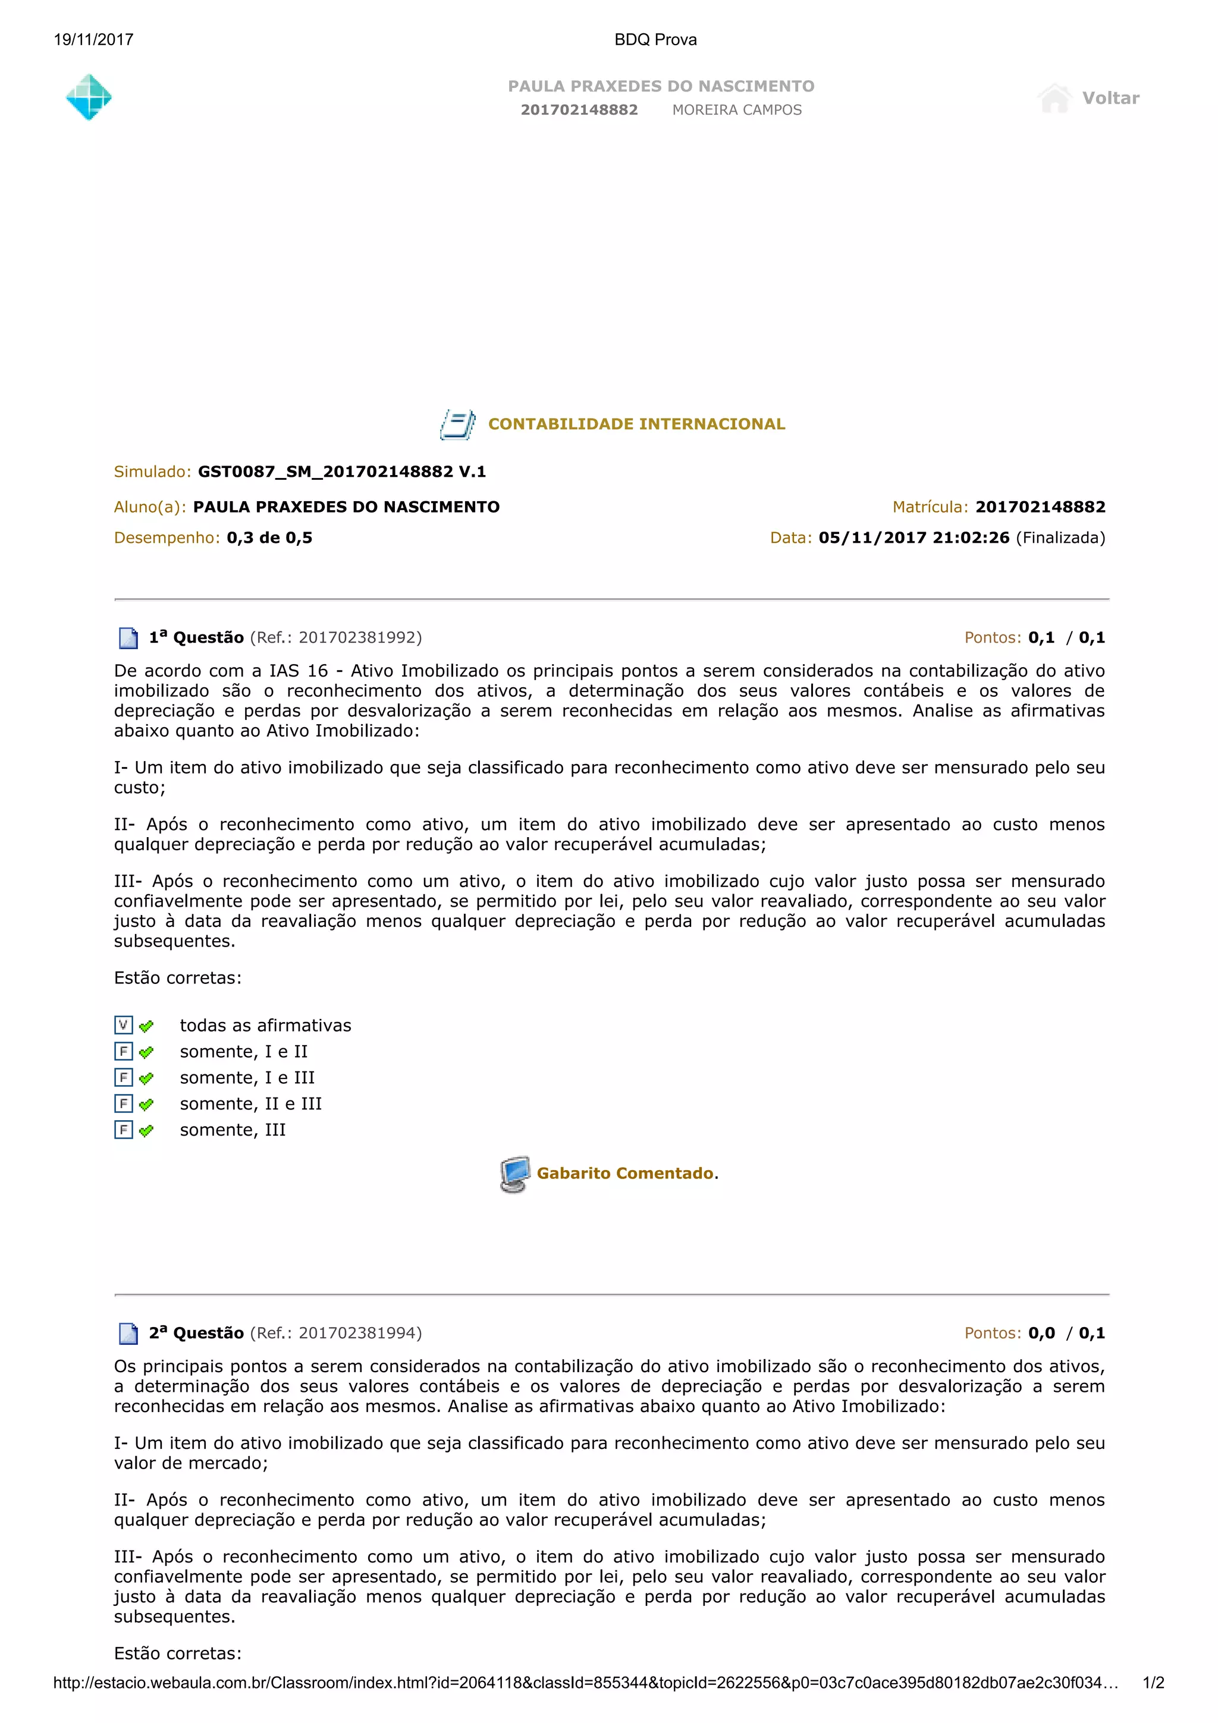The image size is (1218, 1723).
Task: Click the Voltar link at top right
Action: coord(1110,98)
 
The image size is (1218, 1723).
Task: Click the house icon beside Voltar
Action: coord(1054,98)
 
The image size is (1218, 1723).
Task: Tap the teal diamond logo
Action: coord(89,97)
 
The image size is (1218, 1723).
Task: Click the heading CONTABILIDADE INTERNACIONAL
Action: coord(636,424)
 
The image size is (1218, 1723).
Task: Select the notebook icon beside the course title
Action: coord(457,424)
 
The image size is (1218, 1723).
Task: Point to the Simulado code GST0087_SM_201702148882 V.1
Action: coord(341,471)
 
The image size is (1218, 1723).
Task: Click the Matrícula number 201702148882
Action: coord(1040,507)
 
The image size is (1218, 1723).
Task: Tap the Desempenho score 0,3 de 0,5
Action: coord(269,537)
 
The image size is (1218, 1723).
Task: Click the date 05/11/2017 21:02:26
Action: coord(913,537)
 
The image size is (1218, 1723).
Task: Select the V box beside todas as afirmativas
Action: coord(124,1025)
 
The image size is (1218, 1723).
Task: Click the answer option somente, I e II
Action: coord(244,1051)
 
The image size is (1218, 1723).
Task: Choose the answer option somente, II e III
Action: coord(250,1103)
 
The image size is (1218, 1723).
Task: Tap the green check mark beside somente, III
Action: coord(146,1130)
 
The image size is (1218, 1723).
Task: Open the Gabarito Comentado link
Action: coord(625,1173)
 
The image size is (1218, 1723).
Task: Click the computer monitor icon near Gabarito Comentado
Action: coord(515,1174)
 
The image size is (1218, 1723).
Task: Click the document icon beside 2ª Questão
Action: coord(128,1334)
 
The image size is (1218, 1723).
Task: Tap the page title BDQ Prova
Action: coord(655,40)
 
